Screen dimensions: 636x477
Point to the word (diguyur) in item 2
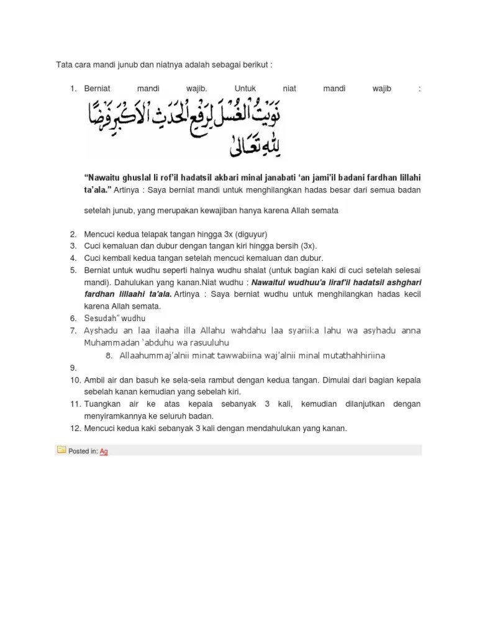click(x=250, y=234)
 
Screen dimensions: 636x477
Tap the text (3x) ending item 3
click(x=308, y=246)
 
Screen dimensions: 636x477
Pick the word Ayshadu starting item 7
click(x=101, y=330)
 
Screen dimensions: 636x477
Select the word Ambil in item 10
click(x=95, y=379)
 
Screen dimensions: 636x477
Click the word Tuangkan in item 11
click(x=103, y=404)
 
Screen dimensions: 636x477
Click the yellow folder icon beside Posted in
click(x=61, y=450)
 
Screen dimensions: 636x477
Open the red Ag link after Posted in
click(x=104, y=452)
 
